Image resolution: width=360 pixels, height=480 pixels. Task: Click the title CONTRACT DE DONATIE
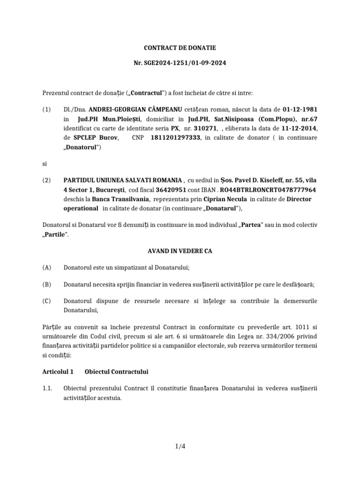point(180,48)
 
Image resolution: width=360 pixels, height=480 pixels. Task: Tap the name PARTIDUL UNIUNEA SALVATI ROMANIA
point(122,180)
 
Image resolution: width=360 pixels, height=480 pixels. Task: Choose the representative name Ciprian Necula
point(222,199)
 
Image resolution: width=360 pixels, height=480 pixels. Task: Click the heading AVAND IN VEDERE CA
point(180,251)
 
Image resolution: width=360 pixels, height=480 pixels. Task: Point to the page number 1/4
point(180,446)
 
